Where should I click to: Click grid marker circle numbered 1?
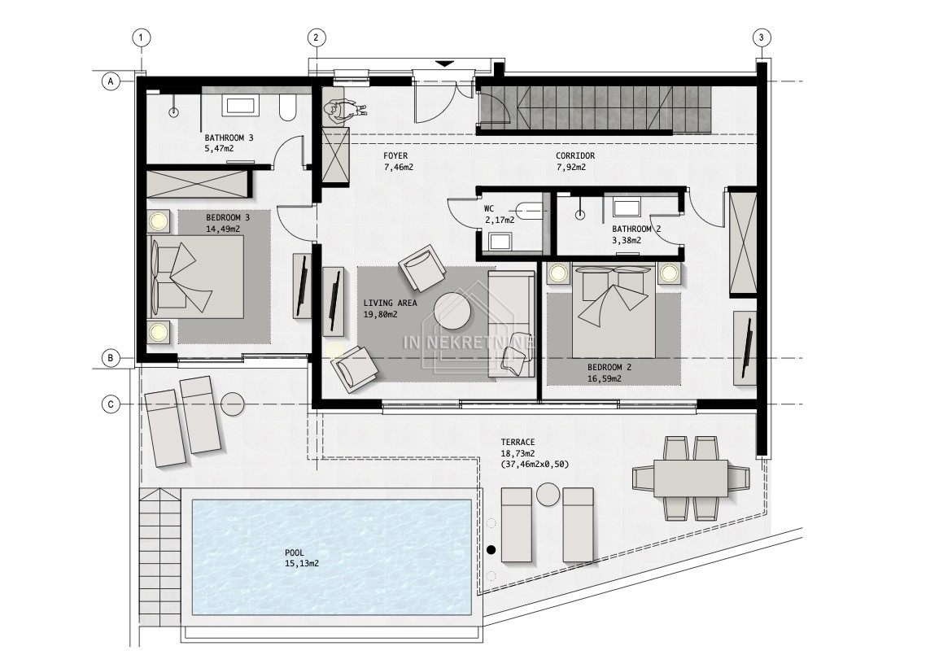pos(141,37)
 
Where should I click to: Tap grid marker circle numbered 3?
pos(761,37)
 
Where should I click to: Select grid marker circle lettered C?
pos(111,404)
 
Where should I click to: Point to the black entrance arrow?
pos(445,63)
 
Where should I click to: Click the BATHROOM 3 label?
pos(229,138)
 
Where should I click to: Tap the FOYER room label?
pos(395,155)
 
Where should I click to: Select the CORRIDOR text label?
pos(575,155)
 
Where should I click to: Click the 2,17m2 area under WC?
pos(500,220)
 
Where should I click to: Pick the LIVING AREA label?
pos(390,303)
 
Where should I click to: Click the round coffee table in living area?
pos(452,311)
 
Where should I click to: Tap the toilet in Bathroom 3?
pos(287,107)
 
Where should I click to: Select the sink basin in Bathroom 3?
pos(240,106)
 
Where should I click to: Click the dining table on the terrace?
pos(691,478)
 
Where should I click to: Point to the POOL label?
pos(295,552)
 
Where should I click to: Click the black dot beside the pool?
pos(491,549)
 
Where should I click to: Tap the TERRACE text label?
pos(518,443)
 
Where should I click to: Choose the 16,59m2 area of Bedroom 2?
pos(605,378)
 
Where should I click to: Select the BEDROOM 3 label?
pos(228,218)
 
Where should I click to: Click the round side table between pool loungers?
pos(548,495)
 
